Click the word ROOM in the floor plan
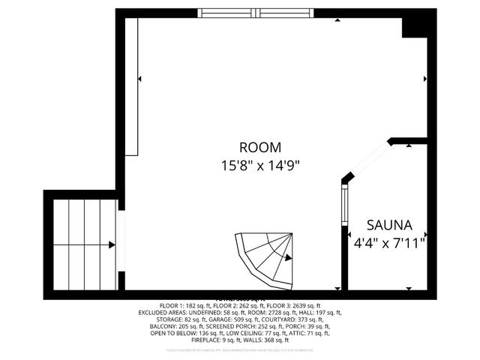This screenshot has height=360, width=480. point(259,147)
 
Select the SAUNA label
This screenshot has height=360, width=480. point(389,225)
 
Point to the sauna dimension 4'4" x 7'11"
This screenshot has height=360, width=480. point(389,242)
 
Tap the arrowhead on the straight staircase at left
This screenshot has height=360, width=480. point(111,244)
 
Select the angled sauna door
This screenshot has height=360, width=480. point(367,160)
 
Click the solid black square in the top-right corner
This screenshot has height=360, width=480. point(415,24)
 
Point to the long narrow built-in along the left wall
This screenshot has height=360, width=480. point(131,86)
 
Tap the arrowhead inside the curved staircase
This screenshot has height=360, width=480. point(286,258)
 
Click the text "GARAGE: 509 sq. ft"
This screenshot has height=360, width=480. point(214,320)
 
